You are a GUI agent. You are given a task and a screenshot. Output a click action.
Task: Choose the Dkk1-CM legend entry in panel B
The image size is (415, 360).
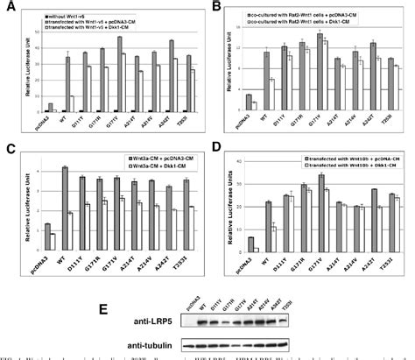coord(298,24)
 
